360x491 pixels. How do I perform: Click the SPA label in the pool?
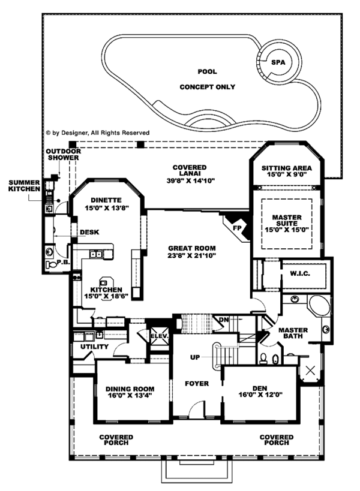(x=277, y=62)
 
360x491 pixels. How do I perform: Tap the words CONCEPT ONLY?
(x=208, y=87)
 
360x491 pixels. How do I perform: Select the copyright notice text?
(x=97, y=132)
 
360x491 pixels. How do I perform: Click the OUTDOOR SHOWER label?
(x=63, y=155)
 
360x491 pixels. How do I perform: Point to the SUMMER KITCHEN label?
(x=23, y=185)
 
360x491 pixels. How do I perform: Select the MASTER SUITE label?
(x=286, y=222)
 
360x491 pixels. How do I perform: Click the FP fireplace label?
(x=236, y=228)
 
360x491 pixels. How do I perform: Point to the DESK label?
(x=89, y=233)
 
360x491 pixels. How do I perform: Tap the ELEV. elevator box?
(x=159, y=336)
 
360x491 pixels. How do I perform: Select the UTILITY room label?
(x=91, y=347)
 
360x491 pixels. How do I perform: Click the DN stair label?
(x=223, y=320)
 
